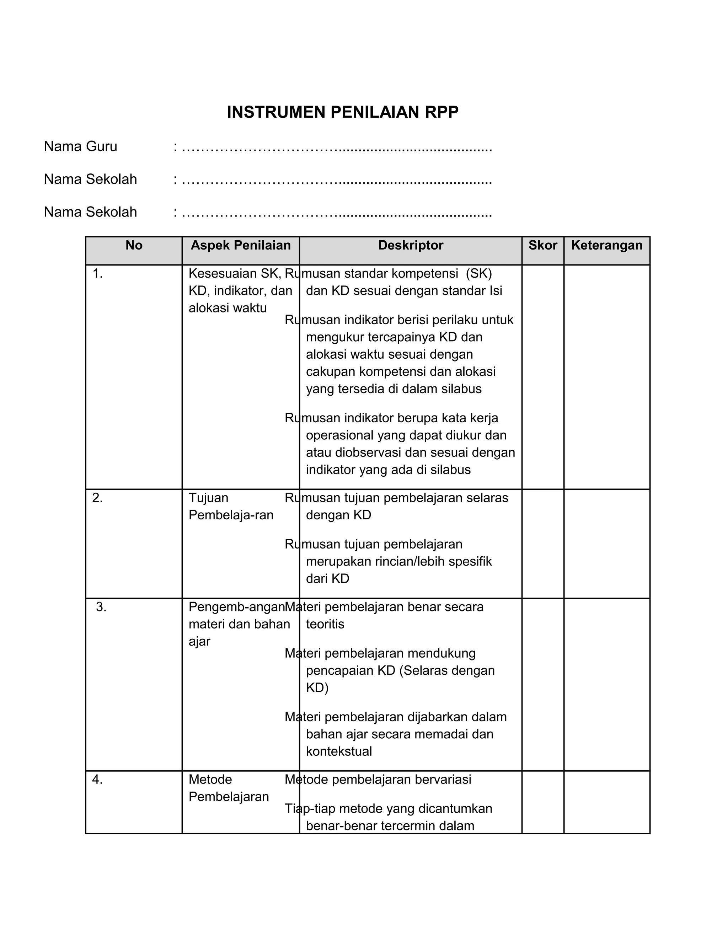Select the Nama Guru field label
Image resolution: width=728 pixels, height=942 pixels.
click(x=80, y=147)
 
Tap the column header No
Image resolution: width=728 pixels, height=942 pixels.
click(x=134, y=245)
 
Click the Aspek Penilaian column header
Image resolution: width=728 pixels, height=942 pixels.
click(x=241, y=245)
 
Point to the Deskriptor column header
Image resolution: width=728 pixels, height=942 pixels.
click(x=411, y=245)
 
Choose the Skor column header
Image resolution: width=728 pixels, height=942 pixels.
click(x=542, y=245)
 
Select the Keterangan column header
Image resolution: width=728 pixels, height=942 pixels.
click(x=606, y=245)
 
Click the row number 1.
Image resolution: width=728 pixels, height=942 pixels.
click(x=97, y=273)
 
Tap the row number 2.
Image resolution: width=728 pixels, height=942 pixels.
click(x=97, y=498)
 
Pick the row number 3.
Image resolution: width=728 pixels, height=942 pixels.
click(x=101, y=607)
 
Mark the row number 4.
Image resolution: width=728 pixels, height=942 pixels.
click(x=97, y=780)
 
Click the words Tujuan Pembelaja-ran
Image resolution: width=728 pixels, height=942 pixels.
click(x=231, y=506)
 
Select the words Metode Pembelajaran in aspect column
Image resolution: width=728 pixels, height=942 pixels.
click(x=229, y=788)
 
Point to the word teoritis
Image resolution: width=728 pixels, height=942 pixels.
click(x=325, y=624)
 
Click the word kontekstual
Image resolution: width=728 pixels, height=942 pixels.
click(x=339, y=751)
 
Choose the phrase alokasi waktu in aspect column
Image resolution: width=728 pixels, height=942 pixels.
click(x=228, y=308)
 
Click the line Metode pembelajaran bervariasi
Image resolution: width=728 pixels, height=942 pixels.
click(x=378, y=780)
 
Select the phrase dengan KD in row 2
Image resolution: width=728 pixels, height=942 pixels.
click(x=338, y=515)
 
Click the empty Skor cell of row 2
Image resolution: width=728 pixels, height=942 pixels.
click(x=542, y=544)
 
